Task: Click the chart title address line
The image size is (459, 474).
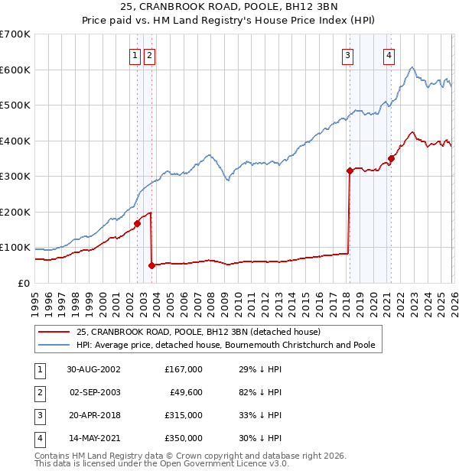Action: coord(229,8)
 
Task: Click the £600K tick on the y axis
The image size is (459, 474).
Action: coord(15,70)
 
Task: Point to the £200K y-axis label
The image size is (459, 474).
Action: coord(15,212)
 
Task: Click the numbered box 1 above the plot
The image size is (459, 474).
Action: coord(135,55)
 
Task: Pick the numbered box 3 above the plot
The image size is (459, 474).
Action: coord(347,55)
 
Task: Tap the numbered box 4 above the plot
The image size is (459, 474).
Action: coord(389,55)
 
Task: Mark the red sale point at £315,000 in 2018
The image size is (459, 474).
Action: coord(350,171)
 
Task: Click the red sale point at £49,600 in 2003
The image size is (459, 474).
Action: coord(151,265)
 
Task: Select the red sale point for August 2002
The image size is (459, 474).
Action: coord(138,224)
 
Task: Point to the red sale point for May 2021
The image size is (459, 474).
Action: coord(391,158)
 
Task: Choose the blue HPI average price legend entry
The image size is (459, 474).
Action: coord(226,345)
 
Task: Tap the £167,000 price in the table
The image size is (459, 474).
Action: coord(184,368)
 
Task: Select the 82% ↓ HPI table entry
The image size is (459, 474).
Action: coord(260,392)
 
